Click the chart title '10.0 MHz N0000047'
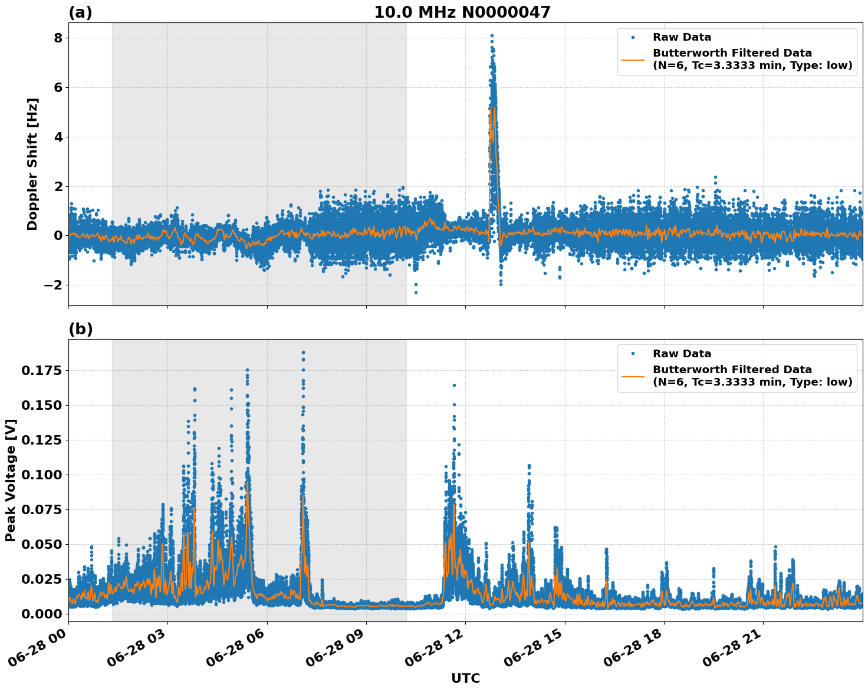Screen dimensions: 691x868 click(x=462, y=12)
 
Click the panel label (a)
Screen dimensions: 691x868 click(x=80, y=12)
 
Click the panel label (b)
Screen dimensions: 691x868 click(x=80, y=329)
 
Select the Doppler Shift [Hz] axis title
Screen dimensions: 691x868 click(x=32, y=164)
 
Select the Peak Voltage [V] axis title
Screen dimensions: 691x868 click(x=11, y=480)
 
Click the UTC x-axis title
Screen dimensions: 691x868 click(x=465, y=678)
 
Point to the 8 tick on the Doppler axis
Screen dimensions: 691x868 click(x=58, y=38)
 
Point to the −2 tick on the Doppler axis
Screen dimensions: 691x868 click(x=53, y=285)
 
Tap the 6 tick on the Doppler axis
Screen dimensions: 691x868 click(x=58, y=88)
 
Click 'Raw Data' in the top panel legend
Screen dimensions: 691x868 click(x=682, y=38)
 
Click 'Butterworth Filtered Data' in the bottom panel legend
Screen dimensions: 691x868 click(x=732, y=370)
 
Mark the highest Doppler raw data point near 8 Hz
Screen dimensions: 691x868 click(x=492, y=36)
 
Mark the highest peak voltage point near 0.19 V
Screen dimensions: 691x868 click(x=303, y=353)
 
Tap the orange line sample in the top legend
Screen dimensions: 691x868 click(x=633, y=59)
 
